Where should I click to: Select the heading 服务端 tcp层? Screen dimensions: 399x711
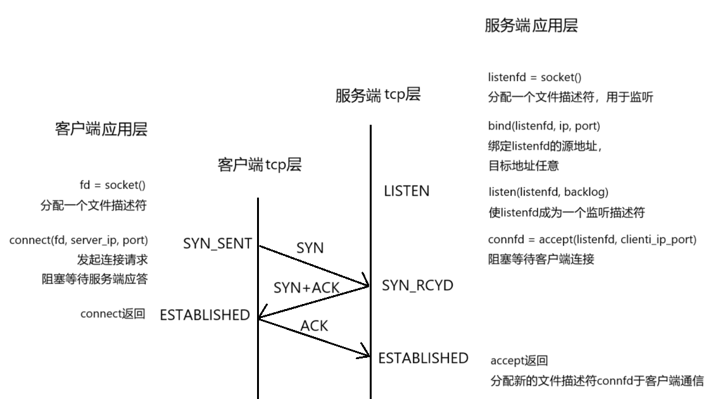point(378,96)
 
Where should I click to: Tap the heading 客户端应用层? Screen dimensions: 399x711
point(101,130)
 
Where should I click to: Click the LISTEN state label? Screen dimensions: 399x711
point(406,191)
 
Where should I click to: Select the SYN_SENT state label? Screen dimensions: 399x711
point(218,244)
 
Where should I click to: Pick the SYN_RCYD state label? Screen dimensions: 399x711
point(418,286)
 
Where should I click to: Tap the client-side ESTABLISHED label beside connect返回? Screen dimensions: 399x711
point(204,315)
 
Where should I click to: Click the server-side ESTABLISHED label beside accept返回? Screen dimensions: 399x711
point(423,358)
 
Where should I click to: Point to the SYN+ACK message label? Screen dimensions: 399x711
point(306,288)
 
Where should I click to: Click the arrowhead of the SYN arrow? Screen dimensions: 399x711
point(365,284)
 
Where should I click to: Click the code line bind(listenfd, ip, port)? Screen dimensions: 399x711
point(544,125)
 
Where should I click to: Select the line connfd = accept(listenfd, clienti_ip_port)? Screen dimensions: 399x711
point(592,240)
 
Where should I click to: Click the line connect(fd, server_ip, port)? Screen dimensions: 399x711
point(79,241)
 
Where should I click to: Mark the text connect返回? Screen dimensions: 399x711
point(113,313)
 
